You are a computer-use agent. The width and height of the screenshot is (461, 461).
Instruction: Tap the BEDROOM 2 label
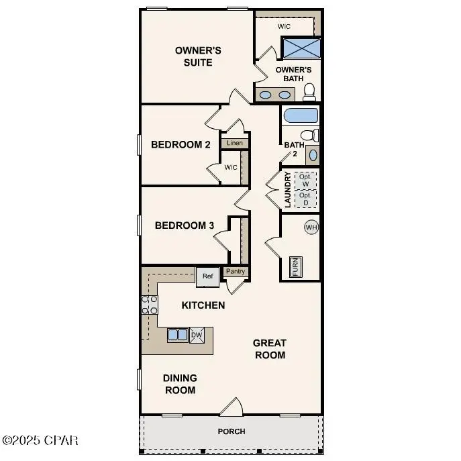tap(181, 144)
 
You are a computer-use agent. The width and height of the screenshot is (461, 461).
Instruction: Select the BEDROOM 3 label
tap(184, 225)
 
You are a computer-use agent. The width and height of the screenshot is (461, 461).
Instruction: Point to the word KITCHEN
tap(203, 305)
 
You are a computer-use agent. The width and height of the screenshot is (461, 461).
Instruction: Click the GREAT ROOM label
tap(269, 349)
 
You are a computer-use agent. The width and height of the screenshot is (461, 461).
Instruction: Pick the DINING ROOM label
tap(180, 384)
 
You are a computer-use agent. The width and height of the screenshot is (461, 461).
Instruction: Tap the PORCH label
tap(232, 431)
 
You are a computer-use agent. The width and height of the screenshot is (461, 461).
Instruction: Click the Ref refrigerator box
tap(207, 276)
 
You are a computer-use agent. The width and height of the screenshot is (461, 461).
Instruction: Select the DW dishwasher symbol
tap(197, 336)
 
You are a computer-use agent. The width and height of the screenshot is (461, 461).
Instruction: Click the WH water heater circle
tap(311, 227)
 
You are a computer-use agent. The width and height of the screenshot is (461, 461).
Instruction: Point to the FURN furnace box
tap(295, 266)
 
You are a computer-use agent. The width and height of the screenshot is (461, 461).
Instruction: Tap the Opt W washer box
tap(305, 180)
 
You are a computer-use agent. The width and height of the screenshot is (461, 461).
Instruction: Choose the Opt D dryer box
tap(305, 199)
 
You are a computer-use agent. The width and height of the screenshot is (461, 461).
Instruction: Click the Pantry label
tap(235, 272)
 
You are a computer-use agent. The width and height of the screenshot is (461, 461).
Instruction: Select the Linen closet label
tap(234, 143)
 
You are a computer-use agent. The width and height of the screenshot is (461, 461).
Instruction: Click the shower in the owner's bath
tap(300, 49)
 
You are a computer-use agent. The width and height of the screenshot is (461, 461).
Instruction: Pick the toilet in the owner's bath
tap(309, 91)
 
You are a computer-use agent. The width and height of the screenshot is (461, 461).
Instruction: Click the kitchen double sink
tap(178, 335)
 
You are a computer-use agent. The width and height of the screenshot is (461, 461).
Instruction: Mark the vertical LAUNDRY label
tap(288, 189)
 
